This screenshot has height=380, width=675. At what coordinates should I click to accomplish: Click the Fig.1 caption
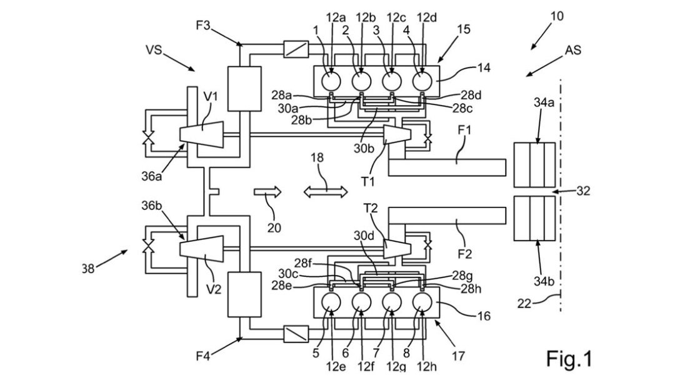[569, 359]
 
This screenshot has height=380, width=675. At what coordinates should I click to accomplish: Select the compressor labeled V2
[201, 249]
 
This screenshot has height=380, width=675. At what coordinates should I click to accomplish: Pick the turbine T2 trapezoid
[397, 248]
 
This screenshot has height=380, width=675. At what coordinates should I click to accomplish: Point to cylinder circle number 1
[331, 81]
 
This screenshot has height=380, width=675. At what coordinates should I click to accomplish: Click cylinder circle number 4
[422, 81]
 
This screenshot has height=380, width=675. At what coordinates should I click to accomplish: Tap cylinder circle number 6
[362, 302]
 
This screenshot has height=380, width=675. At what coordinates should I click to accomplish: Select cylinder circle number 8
[422, 302]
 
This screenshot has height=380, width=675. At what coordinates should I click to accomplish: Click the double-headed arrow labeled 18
[326, 191]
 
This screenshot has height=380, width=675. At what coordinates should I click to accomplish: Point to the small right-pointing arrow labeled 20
[267, 191]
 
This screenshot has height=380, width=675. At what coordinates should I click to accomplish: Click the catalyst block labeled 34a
[534, 165]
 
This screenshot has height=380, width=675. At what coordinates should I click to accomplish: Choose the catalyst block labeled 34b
[534, 218]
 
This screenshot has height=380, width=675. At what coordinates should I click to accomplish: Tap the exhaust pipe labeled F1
[447, 167]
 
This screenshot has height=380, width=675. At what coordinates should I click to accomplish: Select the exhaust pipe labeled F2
[447, 216]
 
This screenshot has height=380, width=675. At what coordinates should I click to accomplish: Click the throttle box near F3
[296, 49]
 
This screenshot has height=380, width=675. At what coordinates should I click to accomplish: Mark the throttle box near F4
[296, 334]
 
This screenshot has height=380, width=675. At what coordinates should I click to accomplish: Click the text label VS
[154, 50]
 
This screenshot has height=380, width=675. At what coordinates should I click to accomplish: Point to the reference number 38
[88, 269]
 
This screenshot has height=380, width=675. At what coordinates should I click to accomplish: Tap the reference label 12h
[427, 367]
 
